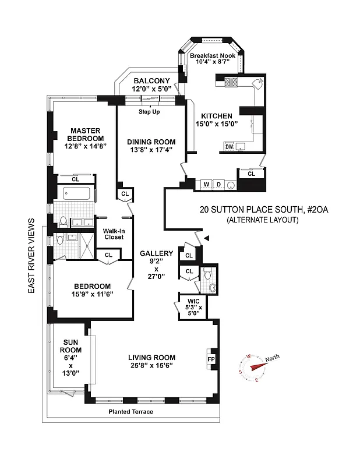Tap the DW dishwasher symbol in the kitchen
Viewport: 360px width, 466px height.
pyautogui.click(x=229, y=147)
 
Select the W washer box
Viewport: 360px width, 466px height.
pyautogui.click(x=206, y=185)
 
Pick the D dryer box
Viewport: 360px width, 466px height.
pyautogui.click(x=218, y=185)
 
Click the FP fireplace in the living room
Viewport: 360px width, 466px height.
pyautogui.click(x=211, y=359)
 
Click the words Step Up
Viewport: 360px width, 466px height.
pyautogui.click(x=149, y=111)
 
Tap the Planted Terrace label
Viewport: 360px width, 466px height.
pyautogui.click(x=130, y=412)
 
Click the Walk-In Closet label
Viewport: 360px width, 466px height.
pyautogui.click(x=114, y=233)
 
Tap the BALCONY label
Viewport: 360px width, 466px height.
pyautogui.click(x=151, y=81)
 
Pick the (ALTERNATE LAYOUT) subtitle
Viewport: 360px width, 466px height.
pyautogui.click(x=263, y=220)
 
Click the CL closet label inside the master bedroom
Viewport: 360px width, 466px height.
pyautogui.click(x=76, y=179)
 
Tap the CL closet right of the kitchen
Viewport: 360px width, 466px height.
pyautogui.click(x=251, y=174)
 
